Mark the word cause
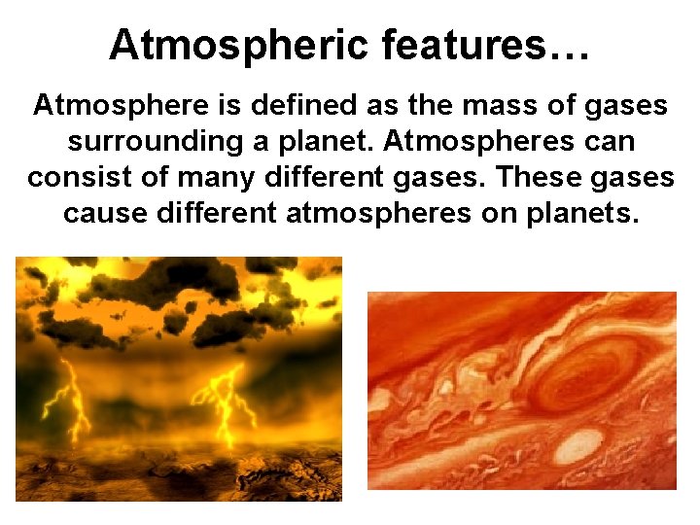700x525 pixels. pos(104,213)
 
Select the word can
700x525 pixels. pos(607,141)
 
